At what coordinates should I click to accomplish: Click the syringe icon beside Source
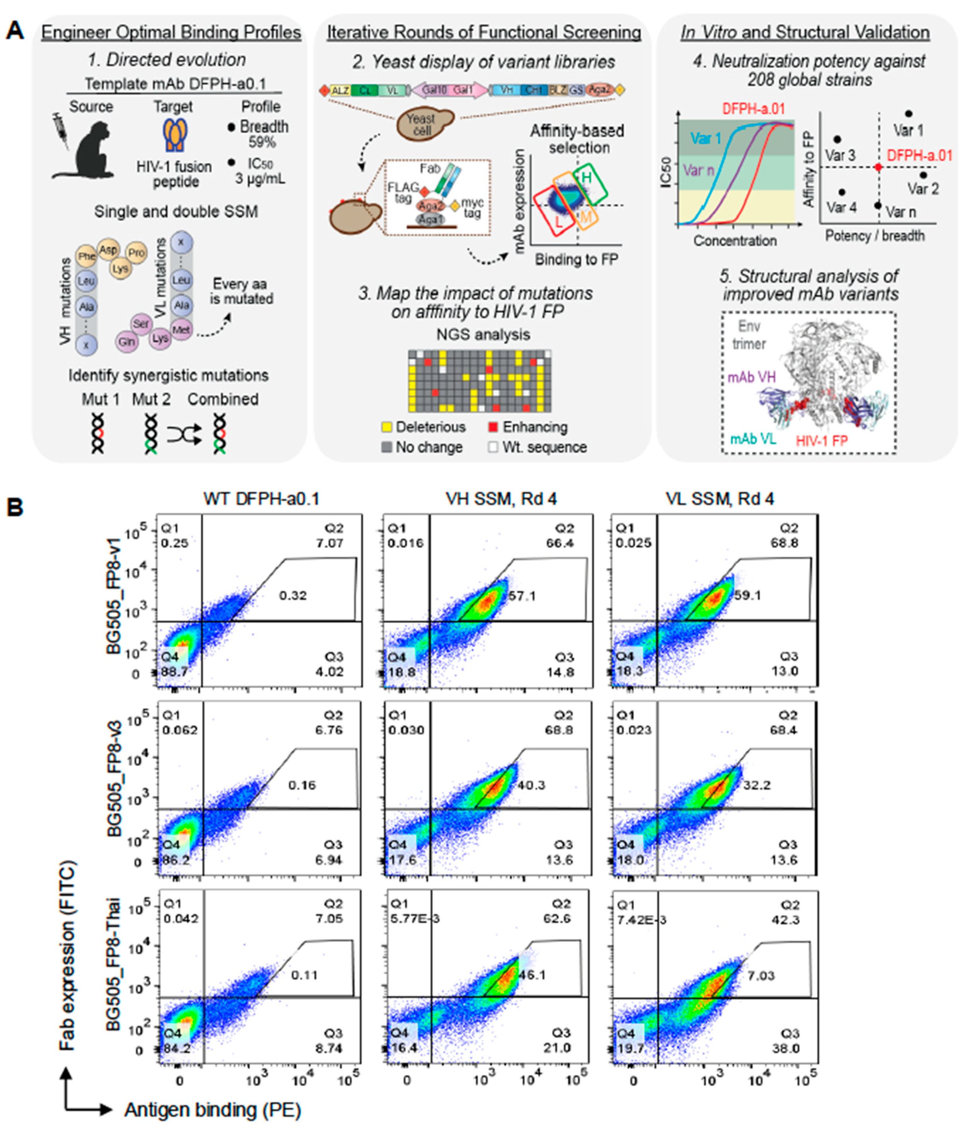pos(62,131)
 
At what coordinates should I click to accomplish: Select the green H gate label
pos(586,177)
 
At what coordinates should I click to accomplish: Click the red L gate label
pos(558,221)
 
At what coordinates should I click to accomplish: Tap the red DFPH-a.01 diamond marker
pos(878,167)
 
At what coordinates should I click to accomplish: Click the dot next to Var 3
pos(837,140)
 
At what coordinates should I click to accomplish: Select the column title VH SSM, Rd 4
pos(501,498)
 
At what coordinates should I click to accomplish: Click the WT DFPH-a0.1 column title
pos(261,498)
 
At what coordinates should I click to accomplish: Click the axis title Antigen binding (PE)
pos(212,1110)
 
